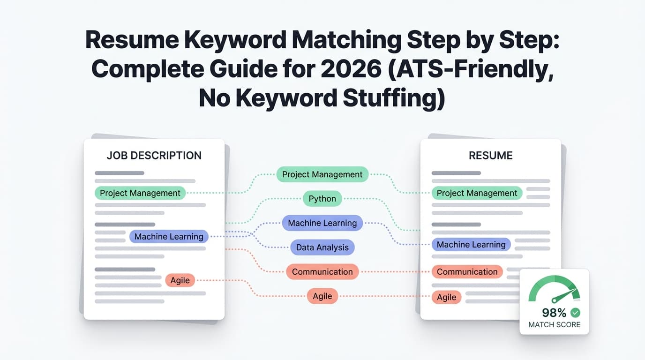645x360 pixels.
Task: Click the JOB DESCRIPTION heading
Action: [154, 156]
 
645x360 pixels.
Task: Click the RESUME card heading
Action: [490, 156]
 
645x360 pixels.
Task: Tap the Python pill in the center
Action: [322, 199]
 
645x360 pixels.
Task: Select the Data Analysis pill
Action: [322, 247]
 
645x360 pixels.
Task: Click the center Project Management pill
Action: [322, 174]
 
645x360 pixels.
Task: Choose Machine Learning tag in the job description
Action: [169, 237]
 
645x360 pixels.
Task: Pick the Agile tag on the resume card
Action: [446, 297]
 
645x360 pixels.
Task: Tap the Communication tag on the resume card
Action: [467, 272]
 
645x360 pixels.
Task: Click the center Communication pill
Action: [322, 272]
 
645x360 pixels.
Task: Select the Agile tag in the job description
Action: [180, 280]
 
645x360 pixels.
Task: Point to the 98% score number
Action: [554, 313]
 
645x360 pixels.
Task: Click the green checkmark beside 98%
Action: [575, 312]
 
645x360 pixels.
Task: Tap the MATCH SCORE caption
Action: [554, 324]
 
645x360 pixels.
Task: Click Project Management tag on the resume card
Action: [477, 193]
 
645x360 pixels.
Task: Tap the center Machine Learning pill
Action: [322, 223]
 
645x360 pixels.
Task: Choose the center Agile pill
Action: [322, 296]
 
